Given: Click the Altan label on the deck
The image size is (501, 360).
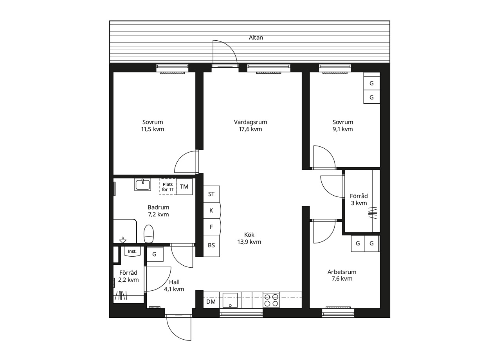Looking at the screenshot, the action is click(x=256, y=38).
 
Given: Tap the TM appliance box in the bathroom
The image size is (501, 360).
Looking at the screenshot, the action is click(x=184, y=187).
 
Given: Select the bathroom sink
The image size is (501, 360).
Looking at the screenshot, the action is click(x=142, y=184).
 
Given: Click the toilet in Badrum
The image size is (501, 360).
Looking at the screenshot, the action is click(x=148, y=234).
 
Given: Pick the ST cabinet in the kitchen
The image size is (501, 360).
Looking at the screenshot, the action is click(x=211, y=194).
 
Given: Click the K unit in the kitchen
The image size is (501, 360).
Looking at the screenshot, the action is click(x=212, y=211).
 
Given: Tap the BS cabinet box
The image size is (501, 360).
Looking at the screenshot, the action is click(x=211, y=246).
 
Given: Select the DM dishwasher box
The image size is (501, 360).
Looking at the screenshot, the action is click(x=211, y=302).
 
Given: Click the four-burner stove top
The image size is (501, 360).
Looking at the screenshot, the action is click(x=271, y=300).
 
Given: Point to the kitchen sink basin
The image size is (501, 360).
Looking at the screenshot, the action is click(x=230, y=300).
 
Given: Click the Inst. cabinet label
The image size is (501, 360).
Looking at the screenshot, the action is click(x=132, y=251).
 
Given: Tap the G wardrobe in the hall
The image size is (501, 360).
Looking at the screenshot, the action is click(x=155, y=254).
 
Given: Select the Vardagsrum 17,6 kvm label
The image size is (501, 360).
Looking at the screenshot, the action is click(x=250, y=126).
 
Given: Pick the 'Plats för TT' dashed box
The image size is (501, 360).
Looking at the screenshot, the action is click(x=168, y=187).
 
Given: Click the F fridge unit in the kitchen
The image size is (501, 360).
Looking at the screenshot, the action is click(x=212, y=227).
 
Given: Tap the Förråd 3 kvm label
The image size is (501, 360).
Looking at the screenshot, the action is click(x=359, y=200).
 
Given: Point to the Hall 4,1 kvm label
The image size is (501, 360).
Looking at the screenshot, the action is click(x=174, y=286).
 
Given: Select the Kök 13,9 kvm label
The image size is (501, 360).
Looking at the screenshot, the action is click(x=249, y=238).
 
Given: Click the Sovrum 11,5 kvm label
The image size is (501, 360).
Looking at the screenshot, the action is click(x=153, y=126).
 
